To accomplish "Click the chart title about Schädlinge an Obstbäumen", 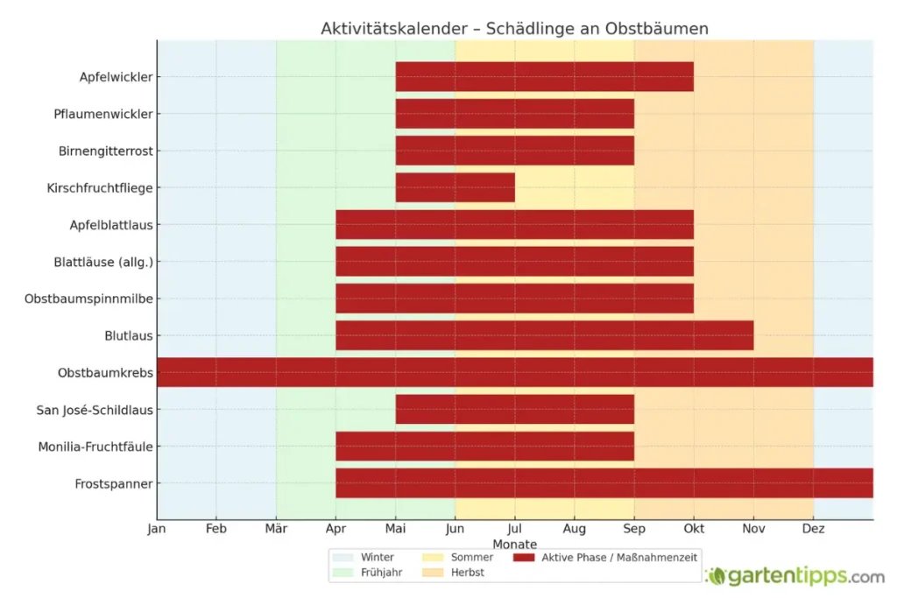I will point(514,29).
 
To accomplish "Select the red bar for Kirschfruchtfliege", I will point(455,187).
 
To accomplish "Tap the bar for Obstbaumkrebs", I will point(514,372).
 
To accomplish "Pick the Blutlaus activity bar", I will point(544,335).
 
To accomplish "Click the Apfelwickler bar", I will point(544,77).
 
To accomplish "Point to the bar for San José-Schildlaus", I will point(514,409).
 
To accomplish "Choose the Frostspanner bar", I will point(604,483).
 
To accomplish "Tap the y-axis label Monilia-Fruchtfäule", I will point(95,447).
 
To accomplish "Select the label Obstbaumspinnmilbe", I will point(88,299).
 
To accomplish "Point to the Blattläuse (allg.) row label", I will point(102,262).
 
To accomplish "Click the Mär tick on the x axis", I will point(276,529).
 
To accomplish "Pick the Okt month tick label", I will point(694,529).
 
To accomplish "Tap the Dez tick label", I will point(813,529).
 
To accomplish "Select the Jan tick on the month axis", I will point(157,529).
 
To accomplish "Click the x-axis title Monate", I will point(514,544).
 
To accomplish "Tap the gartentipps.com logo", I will point(795,576).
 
